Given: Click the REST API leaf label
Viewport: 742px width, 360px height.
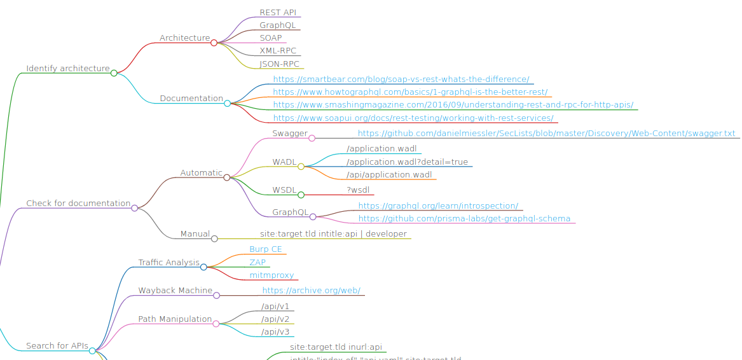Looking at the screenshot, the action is [278, 13].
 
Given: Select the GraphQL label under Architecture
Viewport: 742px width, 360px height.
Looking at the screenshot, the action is [277, 25].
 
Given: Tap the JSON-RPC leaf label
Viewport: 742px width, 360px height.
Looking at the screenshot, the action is [279, 64].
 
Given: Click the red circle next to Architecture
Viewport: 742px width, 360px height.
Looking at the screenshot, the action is [214, 43].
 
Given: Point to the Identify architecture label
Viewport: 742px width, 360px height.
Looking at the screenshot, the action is [67, 69].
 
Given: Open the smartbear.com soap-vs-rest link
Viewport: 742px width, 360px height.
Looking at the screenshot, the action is [401, 80].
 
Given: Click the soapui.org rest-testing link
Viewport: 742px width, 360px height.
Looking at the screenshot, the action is [413, 118].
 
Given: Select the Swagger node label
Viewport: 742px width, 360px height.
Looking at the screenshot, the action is [290, 134].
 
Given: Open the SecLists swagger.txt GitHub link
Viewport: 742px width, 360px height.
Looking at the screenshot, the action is [546, 134].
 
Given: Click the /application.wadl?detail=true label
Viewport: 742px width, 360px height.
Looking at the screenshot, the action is [407, 162].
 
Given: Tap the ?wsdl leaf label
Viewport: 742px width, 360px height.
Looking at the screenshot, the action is [358, 190].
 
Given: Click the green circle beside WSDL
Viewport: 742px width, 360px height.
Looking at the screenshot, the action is [301, 195].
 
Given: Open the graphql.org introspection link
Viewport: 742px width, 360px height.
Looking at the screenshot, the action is [438, 206].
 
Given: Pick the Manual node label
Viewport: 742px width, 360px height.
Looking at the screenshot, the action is [195, 234].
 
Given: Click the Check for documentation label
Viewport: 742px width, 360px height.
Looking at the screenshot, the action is [78, 204].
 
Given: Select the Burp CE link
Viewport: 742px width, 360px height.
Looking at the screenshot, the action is [265, 249].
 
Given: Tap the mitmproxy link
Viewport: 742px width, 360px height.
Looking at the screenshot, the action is [271, 275].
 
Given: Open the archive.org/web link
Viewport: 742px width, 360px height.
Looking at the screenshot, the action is [311, 291].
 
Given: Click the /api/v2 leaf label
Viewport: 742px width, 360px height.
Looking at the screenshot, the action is [275, 319].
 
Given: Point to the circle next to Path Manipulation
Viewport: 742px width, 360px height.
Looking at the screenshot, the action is [216, 324].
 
